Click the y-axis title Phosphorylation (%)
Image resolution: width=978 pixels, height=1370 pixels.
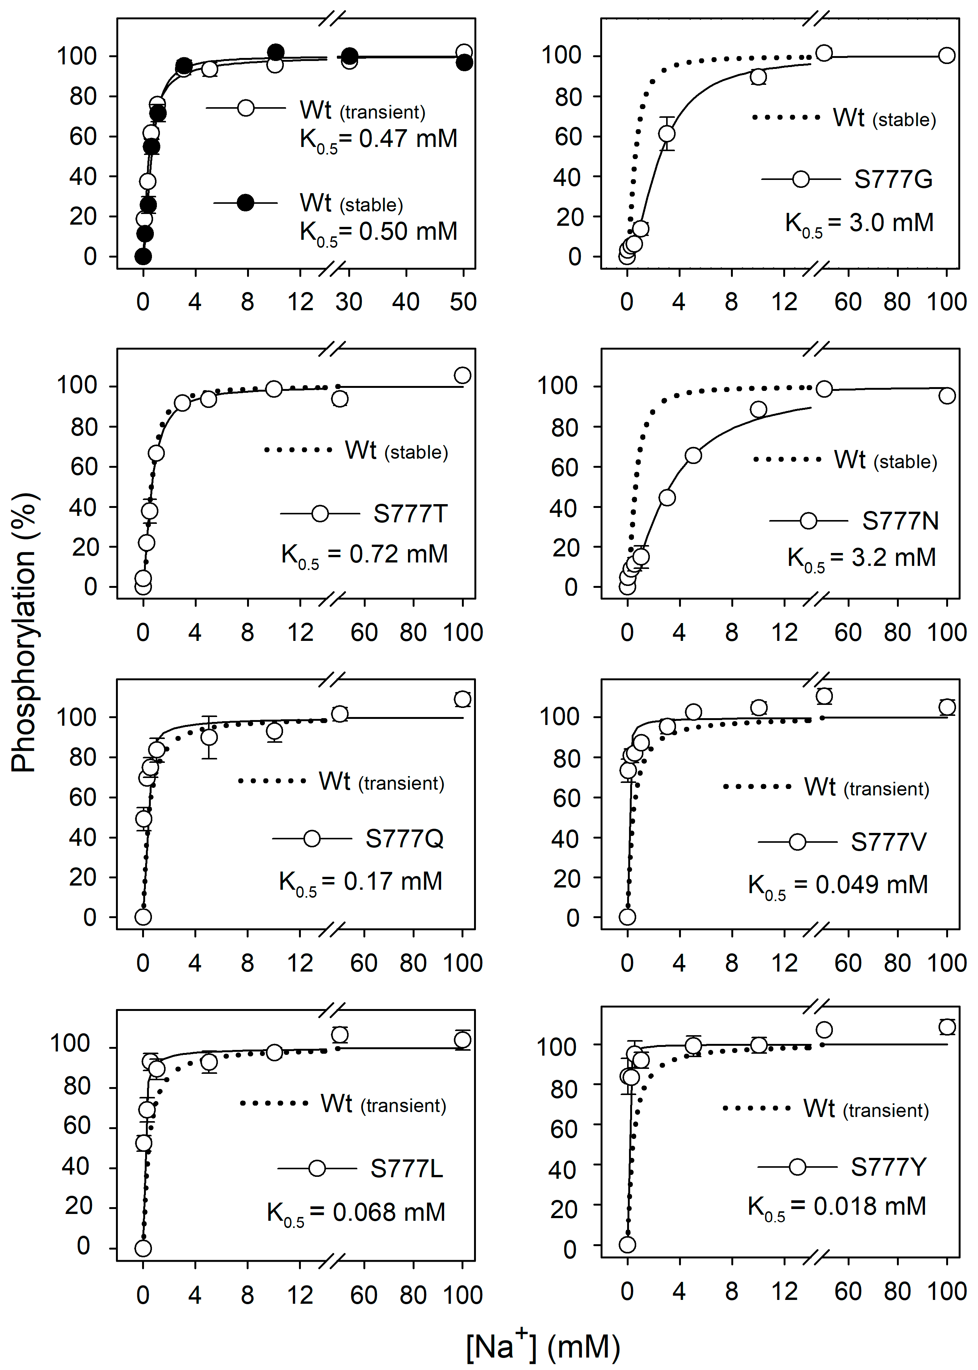[24, 632]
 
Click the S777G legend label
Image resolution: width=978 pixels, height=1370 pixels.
[893, 180]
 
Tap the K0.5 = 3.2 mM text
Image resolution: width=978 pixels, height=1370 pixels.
[862, 558]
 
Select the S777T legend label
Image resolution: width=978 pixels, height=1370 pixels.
[410, 514]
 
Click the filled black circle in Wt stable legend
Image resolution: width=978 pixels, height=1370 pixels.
[245, 203]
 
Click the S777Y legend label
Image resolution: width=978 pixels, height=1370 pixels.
[888, 1167]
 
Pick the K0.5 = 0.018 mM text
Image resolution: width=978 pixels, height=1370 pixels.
[837, 1207]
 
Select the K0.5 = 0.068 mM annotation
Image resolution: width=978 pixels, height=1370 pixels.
[356, 1212]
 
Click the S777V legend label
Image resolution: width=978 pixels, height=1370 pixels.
[888, 842]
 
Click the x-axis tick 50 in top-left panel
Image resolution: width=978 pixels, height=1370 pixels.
[463, 301]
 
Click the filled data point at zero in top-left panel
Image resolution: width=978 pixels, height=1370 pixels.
[143, 256]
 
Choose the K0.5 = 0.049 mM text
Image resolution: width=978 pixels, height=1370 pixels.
[838, 885]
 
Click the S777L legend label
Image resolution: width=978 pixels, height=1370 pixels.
[407, 1168]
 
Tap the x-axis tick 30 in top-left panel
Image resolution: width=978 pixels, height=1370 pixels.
[349, 301]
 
